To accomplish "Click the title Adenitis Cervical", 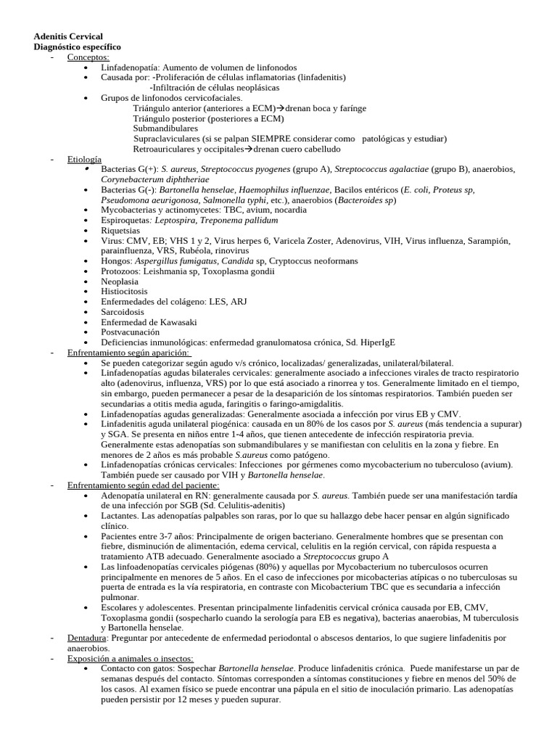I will point(68,36).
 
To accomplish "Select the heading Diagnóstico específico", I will point(78,46).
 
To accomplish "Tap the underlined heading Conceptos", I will point(88,57).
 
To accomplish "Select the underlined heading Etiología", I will point(85,158).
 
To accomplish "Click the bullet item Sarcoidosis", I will point(124,311).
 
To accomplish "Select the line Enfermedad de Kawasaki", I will point(149,321).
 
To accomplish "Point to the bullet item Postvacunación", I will point(131,332).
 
